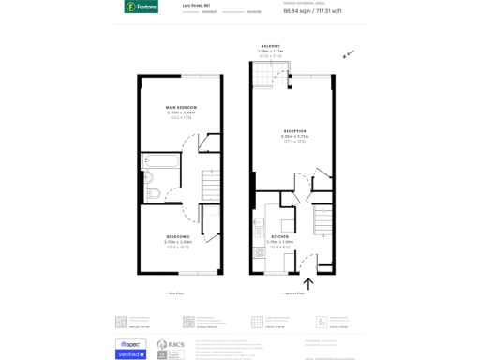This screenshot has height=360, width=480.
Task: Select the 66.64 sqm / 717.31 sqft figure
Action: pos(337,12)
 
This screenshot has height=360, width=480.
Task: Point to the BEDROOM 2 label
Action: pos(178,236)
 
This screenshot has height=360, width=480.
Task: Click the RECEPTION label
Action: pos(295,130)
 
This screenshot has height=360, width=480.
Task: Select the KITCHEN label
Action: pos(280,236)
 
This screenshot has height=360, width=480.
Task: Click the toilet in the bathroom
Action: pos(152,194)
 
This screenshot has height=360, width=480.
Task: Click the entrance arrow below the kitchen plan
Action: pos(307,283)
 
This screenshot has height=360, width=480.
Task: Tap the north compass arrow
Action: pos(347,55)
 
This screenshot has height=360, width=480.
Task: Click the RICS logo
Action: pos(170,349)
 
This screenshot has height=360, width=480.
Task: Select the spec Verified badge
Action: pos(130,349)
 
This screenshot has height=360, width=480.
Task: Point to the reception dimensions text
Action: pos(295,136)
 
